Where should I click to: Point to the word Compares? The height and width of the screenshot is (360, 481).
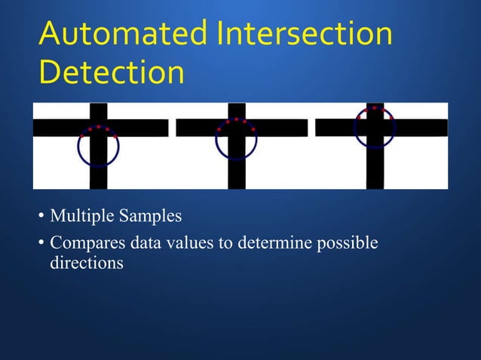(84, 244)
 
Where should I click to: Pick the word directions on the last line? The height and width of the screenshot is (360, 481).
(86, 264)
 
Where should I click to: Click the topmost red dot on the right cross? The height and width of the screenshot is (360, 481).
(375, 108)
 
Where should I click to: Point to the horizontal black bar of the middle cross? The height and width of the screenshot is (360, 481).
(196, 128)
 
